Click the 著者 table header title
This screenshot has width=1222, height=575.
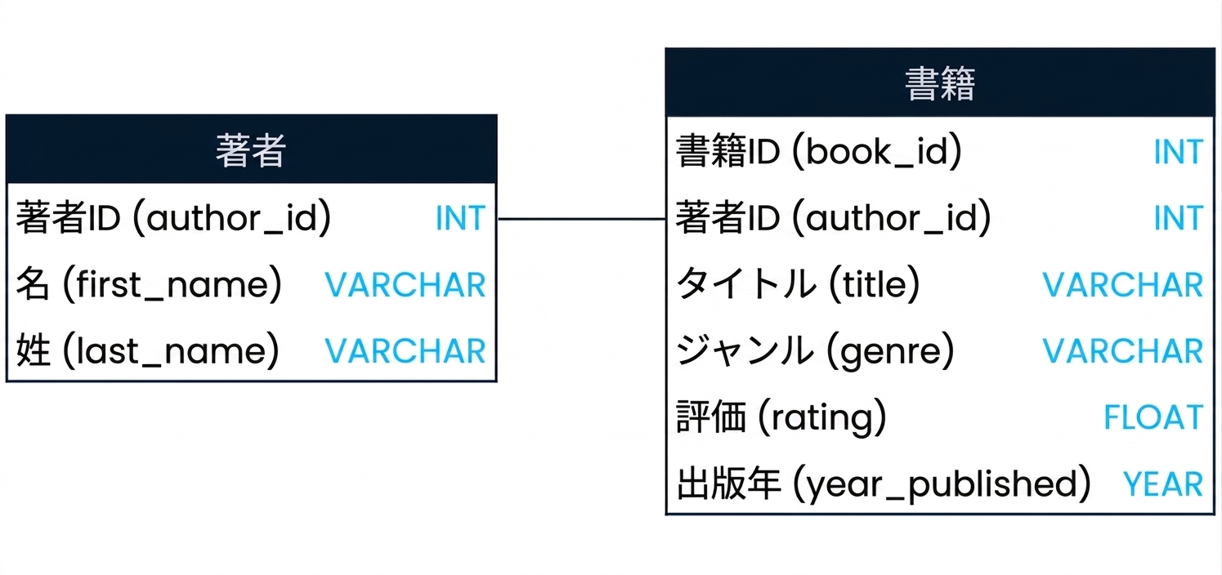tap(251, 150)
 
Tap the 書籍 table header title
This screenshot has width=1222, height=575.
tap(940, 83)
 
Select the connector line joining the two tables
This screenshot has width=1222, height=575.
tap(581, 219)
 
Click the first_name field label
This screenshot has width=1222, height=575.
tap(149, 284)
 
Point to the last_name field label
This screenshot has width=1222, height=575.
tap(148, 350)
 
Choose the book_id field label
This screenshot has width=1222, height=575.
tap(819, 151)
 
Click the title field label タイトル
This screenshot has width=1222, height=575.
tap(798, 284)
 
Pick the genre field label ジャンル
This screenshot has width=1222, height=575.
tap(815, 350)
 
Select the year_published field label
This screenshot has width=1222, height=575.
tap(884, 484)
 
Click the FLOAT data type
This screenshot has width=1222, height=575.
tap(1153, 417)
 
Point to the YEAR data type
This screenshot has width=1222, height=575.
tap(1162, 484)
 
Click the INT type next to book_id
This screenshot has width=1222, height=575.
tap(1179, 152)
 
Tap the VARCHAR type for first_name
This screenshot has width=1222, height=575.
tap(405, 284)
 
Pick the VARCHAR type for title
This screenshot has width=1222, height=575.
tap(1123, 284)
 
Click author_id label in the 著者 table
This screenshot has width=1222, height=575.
tap(173, 217)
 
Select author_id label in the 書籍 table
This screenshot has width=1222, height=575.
tap(834, 217)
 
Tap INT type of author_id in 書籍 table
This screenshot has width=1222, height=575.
tap(1179, 218)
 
